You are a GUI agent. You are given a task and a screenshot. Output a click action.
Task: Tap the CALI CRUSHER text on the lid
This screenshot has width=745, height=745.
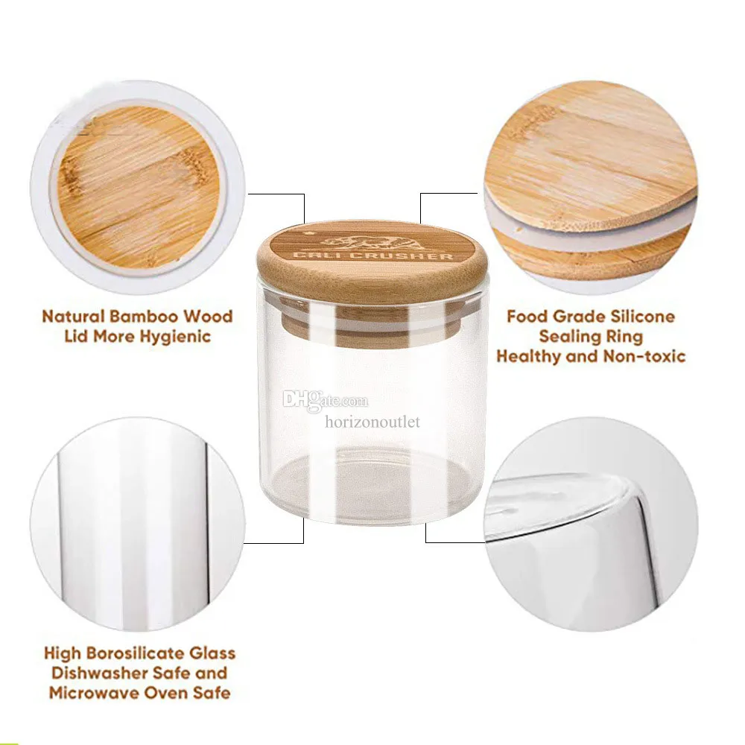[372, 256]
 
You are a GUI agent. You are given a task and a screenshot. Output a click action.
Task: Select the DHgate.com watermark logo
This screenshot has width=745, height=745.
[326, 400]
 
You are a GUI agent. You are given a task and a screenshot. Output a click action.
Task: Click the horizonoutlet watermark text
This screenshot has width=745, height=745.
[372, 422]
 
